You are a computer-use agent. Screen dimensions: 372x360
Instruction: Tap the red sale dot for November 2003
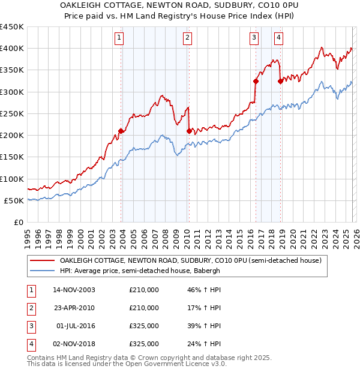click(121, 131)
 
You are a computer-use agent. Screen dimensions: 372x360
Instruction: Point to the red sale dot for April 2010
click(189, 131)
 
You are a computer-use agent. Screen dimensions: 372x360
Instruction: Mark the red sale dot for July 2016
click(256, 81)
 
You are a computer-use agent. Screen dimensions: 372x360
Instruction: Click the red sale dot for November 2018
click(280, 81)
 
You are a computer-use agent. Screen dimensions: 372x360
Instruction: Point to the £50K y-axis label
click(14, 200)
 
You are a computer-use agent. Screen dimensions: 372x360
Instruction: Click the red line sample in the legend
click(42, 261)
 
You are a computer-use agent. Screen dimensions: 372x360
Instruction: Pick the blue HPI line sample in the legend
click(42, 271)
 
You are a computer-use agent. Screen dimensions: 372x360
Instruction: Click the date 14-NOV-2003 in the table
click(74, 290)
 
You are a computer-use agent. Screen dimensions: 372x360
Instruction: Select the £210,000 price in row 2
click(144, 308)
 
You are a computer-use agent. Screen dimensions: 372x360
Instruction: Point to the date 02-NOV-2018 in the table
click(74, 344)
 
